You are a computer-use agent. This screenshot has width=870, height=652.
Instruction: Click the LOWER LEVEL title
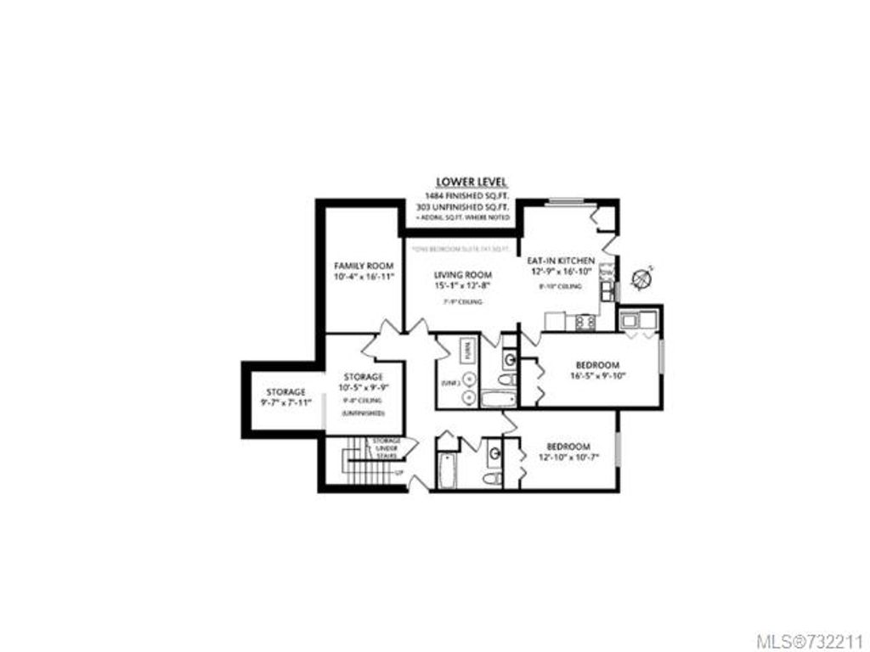(473, 182)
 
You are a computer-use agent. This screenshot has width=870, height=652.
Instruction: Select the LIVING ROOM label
(463, 275)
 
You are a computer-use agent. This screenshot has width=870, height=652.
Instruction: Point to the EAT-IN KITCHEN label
(561, 261)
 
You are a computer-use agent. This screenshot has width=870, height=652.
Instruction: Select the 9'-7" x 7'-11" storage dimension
(285, 402)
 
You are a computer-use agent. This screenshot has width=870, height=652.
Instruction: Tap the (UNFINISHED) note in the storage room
(364, 413)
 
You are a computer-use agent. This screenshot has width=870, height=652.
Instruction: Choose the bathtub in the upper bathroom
(499, 399)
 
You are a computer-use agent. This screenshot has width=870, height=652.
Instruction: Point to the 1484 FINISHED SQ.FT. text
(473, 195)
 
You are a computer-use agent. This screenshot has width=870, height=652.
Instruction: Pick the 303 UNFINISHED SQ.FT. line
(473, 206)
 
